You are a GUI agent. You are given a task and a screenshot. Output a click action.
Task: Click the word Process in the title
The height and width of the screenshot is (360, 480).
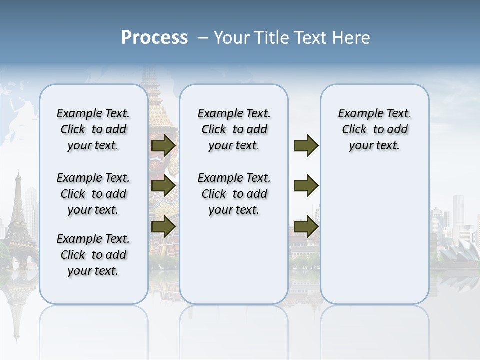click(x=154, y=38)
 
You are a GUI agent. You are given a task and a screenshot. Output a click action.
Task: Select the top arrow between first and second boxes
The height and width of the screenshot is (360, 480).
click(x=163, y=146)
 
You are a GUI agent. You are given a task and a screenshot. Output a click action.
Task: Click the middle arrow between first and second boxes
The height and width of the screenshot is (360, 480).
click(x=163, y=186)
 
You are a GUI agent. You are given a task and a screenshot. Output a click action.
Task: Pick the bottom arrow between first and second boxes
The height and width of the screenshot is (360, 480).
click(x=163, y=226)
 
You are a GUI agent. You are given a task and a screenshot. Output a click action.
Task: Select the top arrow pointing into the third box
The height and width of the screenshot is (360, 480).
click(x=306, y=146)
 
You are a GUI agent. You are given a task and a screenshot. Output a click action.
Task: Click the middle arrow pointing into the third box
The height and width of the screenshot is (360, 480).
click(x=306, y=186)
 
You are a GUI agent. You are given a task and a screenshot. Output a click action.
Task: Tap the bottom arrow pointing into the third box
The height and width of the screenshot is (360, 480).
click(x=306, y=226)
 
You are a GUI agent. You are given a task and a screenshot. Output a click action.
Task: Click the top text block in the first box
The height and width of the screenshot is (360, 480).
click(x=93, y=129)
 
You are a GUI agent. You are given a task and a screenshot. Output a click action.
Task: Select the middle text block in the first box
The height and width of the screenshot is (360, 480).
click(x=93, y=194)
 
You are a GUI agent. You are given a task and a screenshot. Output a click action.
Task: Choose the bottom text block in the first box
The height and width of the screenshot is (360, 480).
click(x=93, y=255)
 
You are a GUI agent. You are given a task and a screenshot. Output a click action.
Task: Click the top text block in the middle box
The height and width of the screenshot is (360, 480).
click(x=234, y=129)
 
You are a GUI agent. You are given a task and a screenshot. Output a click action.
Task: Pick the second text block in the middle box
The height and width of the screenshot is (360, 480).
click(x=234, y=194)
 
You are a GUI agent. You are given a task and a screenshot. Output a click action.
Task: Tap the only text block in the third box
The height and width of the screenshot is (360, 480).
click(x=375, y=129)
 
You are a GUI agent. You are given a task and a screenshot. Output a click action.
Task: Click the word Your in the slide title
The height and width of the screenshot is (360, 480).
click(x=233, y=38)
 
